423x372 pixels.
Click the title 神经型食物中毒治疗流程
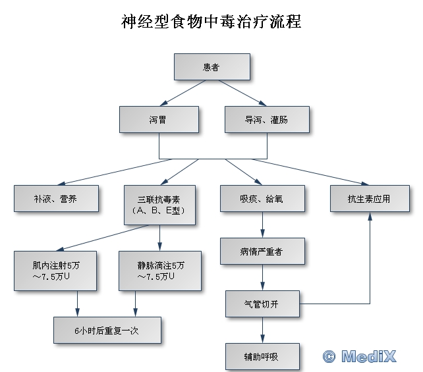click(211, 22)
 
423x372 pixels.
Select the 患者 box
click(211, 66)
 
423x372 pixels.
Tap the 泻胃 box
click(158, 120)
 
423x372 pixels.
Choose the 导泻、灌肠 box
click(266, 120)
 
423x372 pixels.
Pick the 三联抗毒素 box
click(159, 204)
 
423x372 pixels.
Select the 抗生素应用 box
click(369, 198)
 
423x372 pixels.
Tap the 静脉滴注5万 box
click(160, 270)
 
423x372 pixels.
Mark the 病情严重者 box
click(262, 252)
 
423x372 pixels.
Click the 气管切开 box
click(262, 304)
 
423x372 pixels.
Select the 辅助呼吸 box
click(262, 356)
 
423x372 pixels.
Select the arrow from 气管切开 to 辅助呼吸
click(264, 330)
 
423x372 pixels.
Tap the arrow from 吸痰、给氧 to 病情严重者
click(264, 225)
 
